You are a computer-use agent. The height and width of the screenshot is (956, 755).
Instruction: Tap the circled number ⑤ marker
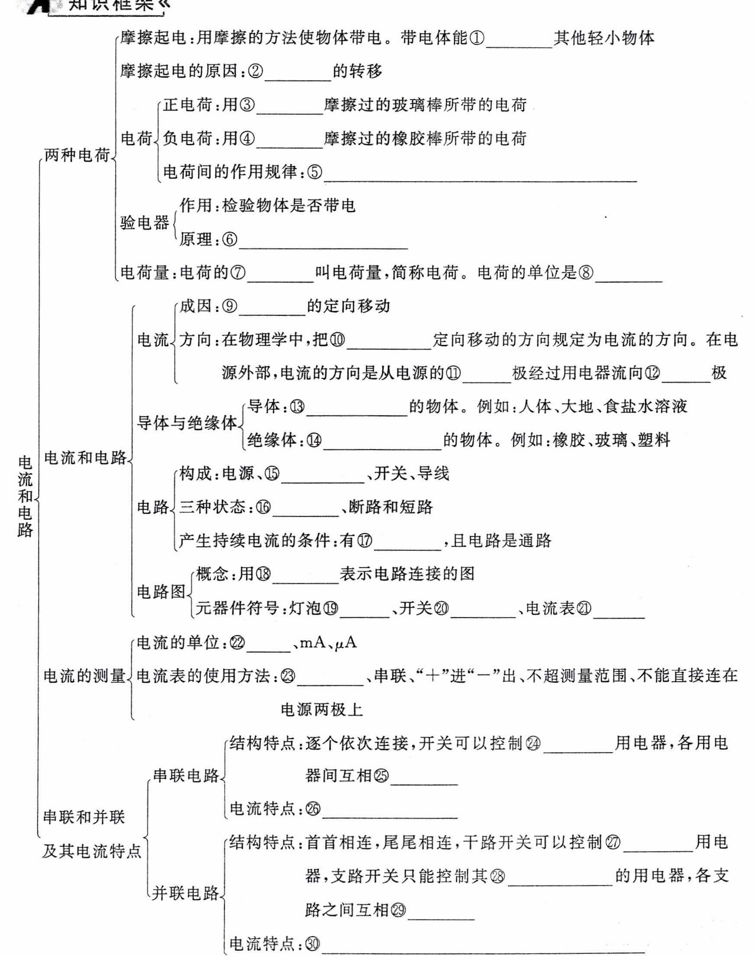[x=314, y=172]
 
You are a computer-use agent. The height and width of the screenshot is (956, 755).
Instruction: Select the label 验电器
[x=145, y=222]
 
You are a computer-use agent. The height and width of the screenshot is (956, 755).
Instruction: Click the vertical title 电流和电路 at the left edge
[x=25, y=496]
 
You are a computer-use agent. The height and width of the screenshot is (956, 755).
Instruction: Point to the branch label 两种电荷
[x=77, y=156]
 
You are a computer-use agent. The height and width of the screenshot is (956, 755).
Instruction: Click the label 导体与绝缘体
[x=187, y=423]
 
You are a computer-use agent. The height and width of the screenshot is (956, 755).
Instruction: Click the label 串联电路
[x=186, y=776]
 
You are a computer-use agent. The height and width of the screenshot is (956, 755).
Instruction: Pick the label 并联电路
[x=186, y=893]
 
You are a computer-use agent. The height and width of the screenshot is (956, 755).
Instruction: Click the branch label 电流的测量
[x=84, y=676]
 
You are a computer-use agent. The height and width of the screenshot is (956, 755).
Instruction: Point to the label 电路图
[x=161, y=591]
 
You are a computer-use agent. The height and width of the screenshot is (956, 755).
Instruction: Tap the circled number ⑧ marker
[x=586, y=273]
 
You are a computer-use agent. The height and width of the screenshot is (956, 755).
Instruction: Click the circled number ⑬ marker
[x=297, y=407]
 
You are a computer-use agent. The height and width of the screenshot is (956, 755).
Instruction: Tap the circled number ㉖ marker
[x=313, y=809]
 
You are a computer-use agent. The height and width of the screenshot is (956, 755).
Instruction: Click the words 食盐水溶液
[x=645, y=406]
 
